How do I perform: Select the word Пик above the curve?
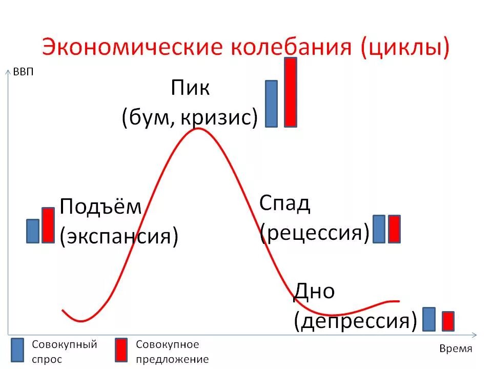[190, 88]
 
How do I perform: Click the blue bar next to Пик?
[271, 104]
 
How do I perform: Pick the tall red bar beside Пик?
[291, 92]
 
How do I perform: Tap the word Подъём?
[100, 207]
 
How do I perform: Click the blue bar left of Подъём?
[33, 231]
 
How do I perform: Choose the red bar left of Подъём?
[48, 225]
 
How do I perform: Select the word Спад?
[285, 203]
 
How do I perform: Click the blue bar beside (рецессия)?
[379, 229]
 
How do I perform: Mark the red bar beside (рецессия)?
[394, 229]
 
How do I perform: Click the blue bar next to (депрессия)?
[429, 319]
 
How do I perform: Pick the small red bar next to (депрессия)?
[448, 321]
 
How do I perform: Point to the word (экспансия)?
[119, 236]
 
